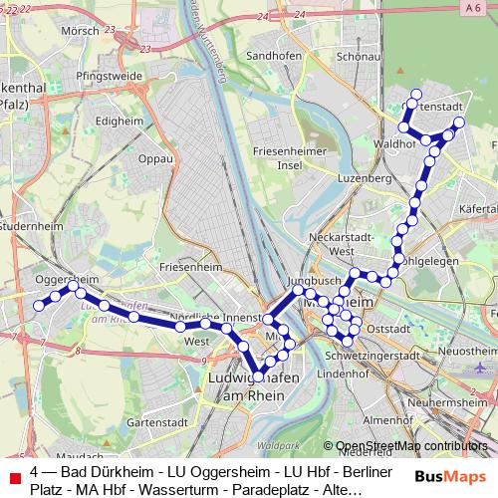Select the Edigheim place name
[x=119, y=122]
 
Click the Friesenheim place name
[x=188, y=268]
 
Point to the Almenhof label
[x=380, y=420]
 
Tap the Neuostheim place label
[x=467, y=352]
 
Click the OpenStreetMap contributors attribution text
[x=411, y=447]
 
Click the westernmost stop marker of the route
[x=39, y=306]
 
